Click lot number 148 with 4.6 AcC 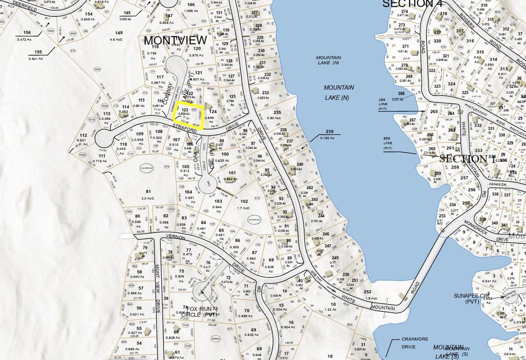click(x=118, y=33)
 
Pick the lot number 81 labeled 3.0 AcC click(x=148, y=191)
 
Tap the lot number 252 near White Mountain click(x=367, y=292)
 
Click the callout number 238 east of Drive click(x=329, y=132)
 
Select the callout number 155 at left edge click(x=38, y=52)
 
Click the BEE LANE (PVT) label click(x=390, y=144)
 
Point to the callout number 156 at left click(x=27, y=33)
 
